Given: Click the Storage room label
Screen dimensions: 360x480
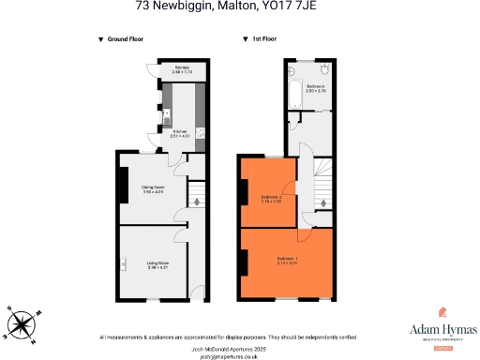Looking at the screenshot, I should point(182,70).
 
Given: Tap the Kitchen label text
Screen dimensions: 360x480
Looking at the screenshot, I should point(180,134).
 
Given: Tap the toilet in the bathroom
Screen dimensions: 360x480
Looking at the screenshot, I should point(323,69).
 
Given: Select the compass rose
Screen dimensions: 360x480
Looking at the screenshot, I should point(22,323).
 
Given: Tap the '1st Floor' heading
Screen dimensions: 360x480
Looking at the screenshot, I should point(262,39).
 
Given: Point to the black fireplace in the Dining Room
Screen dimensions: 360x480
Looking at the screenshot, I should point(121,184).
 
